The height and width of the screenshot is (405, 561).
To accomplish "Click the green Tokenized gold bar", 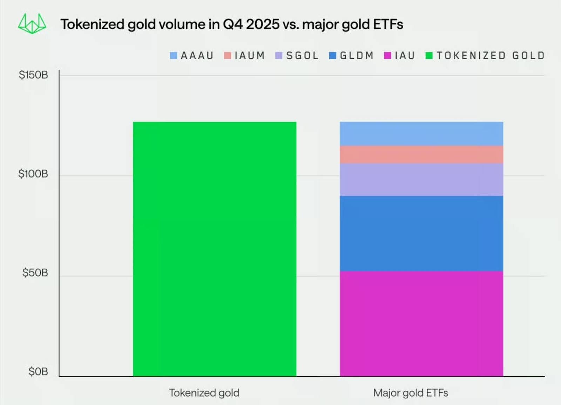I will click(x=214, y=249).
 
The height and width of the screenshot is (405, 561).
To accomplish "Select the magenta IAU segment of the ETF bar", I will click(x=421, y=323).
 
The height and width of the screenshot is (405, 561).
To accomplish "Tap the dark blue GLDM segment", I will click(x=421, y=233).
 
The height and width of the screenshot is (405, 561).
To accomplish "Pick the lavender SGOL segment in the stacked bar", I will click(x=421, y=179).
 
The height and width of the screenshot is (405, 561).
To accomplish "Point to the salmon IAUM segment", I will click(x=421, y=154).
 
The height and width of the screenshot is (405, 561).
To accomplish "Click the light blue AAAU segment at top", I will click(x=421, y=133).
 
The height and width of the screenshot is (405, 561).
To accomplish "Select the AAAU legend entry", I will click(x=192, y=56).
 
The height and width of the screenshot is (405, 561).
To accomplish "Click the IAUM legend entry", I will click(x=244, y=56).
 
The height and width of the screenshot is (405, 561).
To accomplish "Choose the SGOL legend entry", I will click(x=297, y=56).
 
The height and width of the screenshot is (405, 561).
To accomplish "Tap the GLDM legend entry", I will click(x=352, y=56).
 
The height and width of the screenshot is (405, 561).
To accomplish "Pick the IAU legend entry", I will click(x=400, y=56).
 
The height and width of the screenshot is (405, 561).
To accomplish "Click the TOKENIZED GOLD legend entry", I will click(x=485, y=56).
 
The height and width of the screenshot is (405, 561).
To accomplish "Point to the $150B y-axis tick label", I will click(x=33, y=75).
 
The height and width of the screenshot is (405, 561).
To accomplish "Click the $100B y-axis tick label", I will click(x=33, y=174).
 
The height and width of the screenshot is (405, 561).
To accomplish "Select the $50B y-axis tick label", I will click(x=35, y=273).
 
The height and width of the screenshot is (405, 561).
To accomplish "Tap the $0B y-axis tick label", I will click(x=38, y=371).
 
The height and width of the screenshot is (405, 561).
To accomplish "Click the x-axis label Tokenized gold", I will click(x=204, y=393).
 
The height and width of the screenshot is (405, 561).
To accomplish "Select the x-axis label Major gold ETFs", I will click(x=411, y=393).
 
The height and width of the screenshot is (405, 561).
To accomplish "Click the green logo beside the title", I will click(x=32, y=23).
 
